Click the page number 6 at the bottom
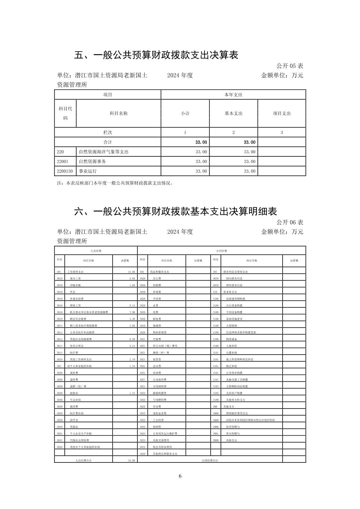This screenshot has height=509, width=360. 180,476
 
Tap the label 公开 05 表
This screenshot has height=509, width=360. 290,66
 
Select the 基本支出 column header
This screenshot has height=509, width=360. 233,114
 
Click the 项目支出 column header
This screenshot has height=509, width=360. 282,114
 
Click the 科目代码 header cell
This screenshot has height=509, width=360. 65,113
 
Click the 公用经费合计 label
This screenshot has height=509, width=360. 210,461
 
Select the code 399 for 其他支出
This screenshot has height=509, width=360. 215,407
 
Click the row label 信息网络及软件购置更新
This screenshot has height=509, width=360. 241,333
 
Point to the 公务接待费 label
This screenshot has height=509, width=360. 160,380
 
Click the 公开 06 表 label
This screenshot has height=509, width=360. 290,222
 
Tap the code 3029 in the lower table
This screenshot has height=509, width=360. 142,454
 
